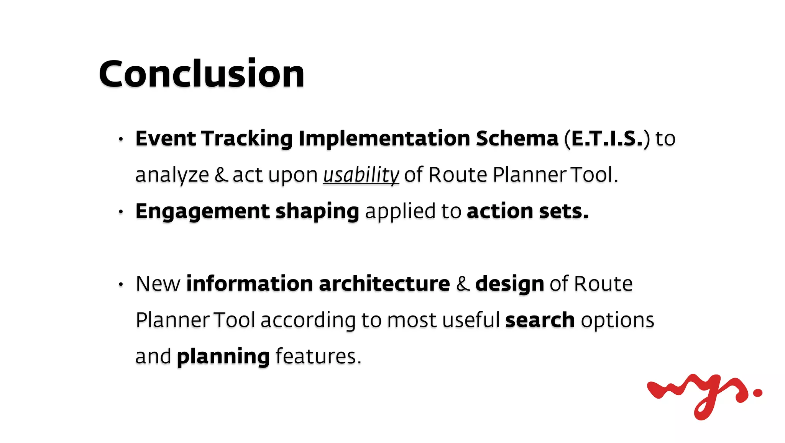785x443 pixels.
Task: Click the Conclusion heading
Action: click(x=202, y=74)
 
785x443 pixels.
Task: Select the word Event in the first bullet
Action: click(x=166, y=138)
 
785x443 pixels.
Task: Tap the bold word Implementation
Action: click(x=384, y=139)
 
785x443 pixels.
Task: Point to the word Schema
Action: click(x=517, y=138)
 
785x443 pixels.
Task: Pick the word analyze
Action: click(x=172, y=175)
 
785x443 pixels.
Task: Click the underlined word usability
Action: click(x=361, y=175)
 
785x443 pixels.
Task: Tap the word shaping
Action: click(x=317, y=212)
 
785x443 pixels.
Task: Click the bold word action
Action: click(x=499, y=211)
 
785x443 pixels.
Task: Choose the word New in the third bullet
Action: click(x=158, y=284)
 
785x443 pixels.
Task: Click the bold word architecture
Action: click(x=384, y=284)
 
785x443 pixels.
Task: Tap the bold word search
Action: click(x=540, y=320)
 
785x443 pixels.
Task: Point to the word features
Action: click(x=318, y=356)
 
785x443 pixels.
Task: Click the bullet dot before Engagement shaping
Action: click(x=121, y=211)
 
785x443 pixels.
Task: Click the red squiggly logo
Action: click(x=704, y=395)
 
